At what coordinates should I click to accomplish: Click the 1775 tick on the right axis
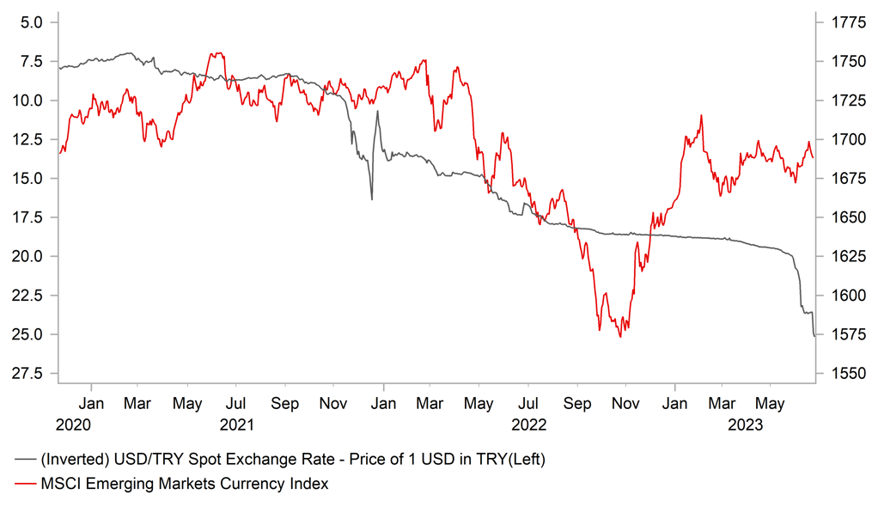tap(844, 22)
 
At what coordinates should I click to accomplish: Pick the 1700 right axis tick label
tap(844, 139)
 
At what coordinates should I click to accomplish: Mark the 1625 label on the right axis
tap(844, 256)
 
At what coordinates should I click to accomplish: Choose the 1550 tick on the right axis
tap(844, 373)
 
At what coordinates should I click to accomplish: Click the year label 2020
tap(73, 424)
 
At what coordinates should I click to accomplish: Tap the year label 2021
tap(237, 424)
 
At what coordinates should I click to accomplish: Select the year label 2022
tap(529, 424)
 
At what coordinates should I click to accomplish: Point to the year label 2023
tap(746, 424)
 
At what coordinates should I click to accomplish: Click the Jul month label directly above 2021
tap(237, 401)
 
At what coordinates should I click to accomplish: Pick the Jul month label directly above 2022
tap(529, 401)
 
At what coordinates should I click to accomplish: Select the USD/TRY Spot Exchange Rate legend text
tap(292, 460)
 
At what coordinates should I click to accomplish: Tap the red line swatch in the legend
tap(25, 485)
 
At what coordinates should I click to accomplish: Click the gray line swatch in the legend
tap(25, 460)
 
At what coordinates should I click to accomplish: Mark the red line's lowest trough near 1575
tap(619, 336)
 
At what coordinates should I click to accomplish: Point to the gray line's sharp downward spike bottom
tap(371, 199)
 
